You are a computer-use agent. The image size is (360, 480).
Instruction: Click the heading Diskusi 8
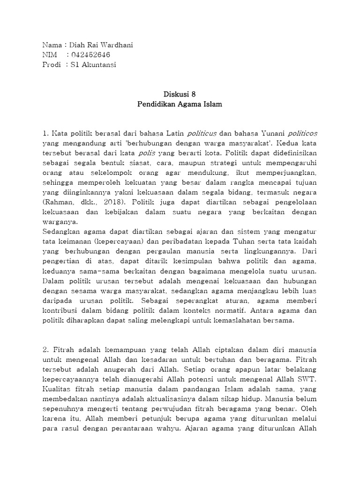[x=180, y=94]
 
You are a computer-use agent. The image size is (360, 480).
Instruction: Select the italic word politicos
[x=302, y=134]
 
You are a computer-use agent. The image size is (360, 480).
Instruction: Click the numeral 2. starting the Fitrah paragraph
[x=45, y=349]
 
